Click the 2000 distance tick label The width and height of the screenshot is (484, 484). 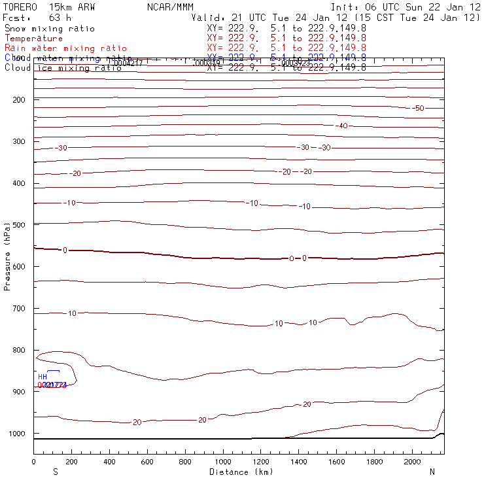coord(413,462)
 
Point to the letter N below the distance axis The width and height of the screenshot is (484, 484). coord(432,472)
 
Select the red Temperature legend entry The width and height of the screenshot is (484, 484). coord(33,39)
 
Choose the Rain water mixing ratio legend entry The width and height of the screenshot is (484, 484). coord(57,48)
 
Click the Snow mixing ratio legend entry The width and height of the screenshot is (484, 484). coord(49,29)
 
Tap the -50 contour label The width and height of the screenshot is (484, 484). coord(418,108)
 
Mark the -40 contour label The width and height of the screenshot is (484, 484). coord(360,126)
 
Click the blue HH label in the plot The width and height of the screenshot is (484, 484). coord(43,377)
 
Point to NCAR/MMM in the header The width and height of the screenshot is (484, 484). coord(170,7)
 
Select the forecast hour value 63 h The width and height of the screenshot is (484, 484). coord(60,18)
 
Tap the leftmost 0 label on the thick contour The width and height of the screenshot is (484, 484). coord(65,251)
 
